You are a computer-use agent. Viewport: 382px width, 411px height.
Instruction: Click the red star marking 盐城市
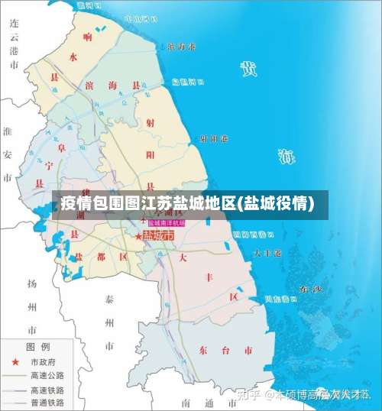pos(138,237)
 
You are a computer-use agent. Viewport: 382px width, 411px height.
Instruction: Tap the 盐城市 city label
pos(158,236)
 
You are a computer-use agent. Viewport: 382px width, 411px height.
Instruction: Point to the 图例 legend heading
pos(39,346)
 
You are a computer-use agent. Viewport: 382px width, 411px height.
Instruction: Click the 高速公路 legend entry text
pos(47,376)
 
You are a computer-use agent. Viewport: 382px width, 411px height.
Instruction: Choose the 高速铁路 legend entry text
pos(47,390)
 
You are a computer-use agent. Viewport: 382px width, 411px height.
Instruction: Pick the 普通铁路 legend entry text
pos(47,403)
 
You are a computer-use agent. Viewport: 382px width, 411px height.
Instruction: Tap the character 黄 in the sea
pos(248,70)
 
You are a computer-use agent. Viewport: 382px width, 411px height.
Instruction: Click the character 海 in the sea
pos(286,158)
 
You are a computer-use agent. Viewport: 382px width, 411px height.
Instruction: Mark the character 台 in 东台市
pos(225,351)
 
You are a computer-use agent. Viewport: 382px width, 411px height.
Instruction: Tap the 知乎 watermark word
pos(250,395)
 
